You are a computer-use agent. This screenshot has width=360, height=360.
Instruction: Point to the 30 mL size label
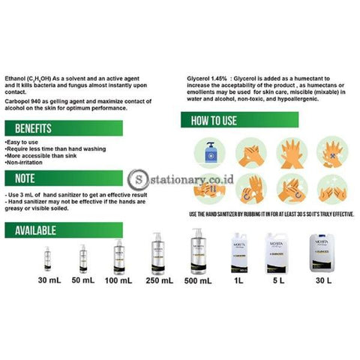[x=47, y=280]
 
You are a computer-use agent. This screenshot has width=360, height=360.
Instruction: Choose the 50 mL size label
[x=82, y=280]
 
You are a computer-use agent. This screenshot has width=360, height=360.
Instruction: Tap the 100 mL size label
[x=119, y=280]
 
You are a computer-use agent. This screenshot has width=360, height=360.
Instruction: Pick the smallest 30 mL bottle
[x=46, y=259]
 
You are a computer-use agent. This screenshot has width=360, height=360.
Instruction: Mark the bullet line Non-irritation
[x=25, y=161]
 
